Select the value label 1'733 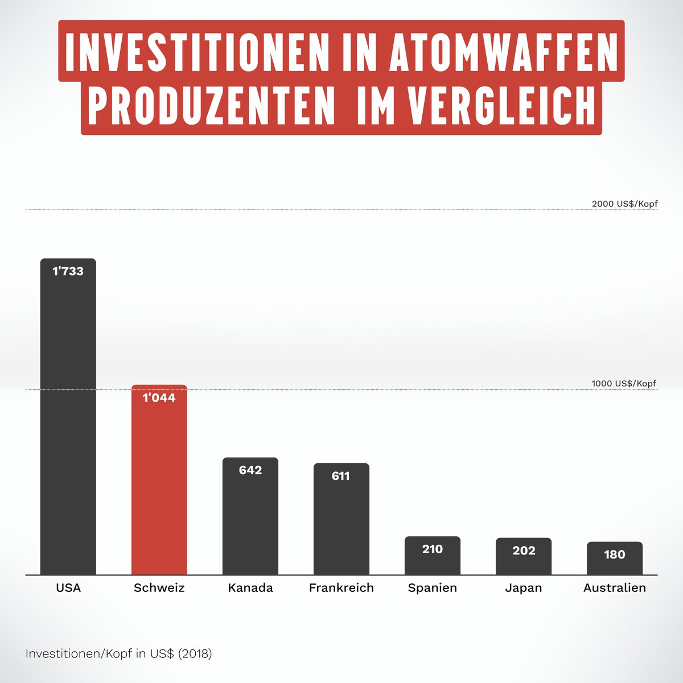coord(68,271)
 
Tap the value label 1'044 coord(159,398)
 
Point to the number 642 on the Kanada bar coord(250,470)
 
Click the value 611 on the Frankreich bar coord(341,476)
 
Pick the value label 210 coord(433,549)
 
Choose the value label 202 coord(524,550)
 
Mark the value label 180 coord(615,555)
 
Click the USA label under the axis coord(68,588)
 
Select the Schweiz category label coord(159,588)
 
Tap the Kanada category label coord(250,588)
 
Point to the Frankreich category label coord(341,588)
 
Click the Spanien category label coord(433,588)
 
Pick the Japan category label coord(524,588)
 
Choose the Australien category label coord(615,588)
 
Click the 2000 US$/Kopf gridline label coord(624,204)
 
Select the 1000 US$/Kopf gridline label coord(624,384)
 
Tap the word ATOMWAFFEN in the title coord(504,52)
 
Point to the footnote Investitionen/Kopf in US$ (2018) coord(118,654)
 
